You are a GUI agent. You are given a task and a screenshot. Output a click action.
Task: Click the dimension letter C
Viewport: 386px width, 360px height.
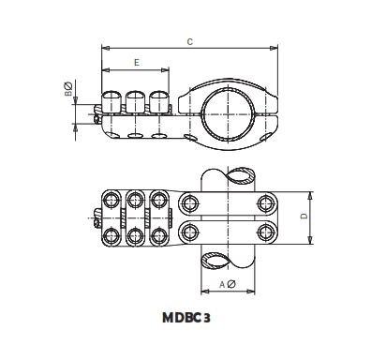coord(190,40)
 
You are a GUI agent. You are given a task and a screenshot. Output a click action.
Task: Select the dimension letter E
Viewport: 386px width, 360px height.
coord(137,63)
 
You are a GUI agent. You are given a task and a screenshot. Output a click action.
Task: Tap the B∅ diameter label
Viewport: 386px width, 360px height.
coord(68,90)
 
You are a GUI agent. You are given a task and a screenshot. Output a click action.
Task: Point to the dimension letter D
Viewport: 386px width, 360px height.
coord(303,216)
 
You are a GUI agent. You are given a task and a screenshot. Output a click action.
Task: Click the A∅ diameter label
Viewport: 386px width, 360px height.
coord(226,284)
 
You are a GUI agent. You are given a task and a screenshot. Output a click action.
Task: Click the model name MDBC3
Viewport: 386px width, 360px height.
coord(192,318)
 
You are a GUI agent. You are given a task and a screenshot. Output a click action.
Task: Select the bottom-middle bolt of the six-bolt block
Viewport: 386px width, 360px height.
coord(136,234)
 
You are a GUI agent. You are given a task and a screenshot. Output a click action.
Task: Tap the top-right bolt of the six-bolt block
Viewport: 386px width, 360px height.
coord(159,201)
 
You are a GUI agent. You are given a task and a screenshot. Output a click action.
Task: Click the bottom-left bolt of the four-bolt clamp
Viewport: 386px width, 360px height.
coord(191,232)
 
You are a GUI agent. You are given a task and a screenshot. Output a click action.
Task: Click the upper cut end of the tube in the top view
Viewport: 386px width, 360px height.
coord(226,177)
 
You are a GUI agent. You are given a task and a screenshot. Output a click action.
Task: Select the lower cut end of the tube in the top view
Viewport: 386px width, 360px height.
coord(226,259)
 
